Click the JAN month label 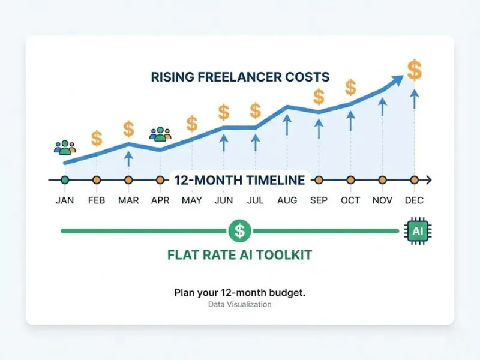[x=65, y=200]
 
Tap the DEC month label [x=414, y=200]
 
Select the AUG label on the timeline [x=287, y=200]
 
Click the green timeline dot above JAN [x=65, y=179]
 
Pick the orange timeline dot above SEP [x=319, y=179]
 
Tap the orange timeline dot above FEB [x=97, y=179]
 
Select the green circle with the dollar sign [x=240, y=230]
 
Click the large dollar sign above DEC [x=414, y=70]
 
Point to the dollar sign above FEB [x=97, y=139]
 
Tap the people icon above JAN [x=65, y=147]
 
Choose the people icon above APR [x=160, y=134]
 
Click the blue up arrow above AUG [x=287, y=125]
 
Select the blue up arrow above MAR [x=128, y=158]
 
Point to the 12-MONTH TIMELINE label [x=240, y=179]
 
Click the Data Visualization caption [x=240, y=305]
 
